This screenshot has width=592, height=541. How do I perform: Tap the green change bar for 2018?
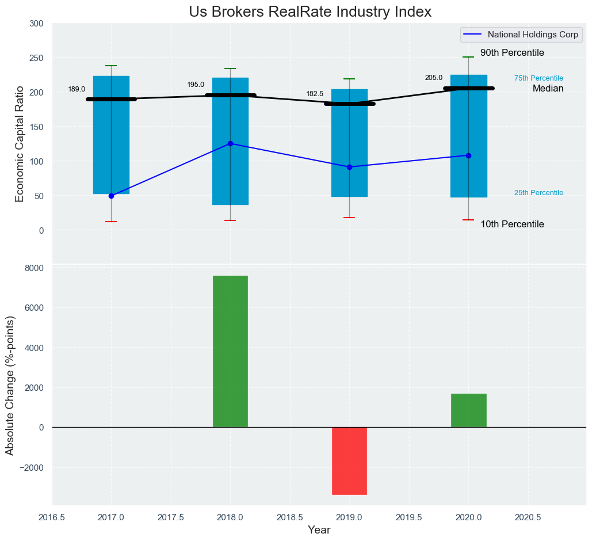click(230, 351)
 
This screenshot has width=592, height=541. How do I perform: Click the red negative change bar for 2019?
click(349, 460)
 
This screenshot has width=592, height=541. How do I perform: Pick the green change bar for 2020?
click(468, 410)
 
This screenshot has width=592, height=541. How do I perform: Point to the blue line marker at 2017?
click(111, 196)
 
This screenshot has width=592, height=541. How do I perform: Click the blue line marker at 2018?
click(230, 143)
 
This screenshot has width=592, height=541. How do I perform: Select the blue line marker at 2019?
click(349, 167)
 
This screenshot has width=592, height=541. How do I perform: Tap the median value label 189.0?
click(77, 89)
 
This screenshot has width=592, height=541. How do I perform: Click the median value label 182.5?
click(315, 94)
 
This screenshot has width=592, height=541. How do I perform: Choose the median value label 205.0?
click(434, 78)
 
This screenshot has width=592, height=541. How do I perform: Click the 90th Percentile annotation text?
click(512, 53)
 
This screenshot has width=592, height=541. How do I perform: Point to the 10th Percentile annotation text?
click(512, 224)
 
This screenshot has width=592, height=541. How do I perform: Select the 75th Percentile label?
click(538, 78)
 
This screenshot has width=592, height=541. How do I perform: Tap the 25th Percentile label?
click(538, 193)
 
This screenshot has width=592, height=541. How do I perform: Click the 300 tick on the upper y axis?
click(36, 24)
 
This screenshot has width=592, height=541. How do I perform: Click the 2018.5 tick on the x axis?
click(290, 517)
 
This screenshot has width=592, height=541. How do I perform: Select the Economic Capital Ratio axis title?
click(20, 143)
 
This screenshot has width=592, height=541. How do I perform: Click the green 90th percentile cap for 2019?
click(349, 79)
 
